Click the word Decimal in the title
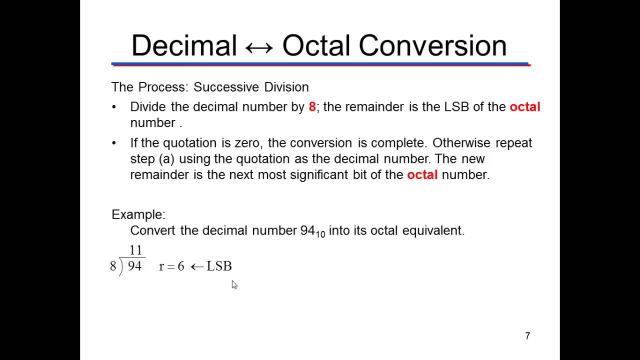183,45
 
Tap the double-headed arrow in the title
259,47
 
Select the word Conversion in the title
432,45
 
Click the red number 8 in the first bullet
312,107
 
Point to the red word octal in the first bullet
524,107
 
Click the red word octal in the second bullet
422,174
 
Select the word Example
138,214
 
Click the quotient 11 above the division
135,250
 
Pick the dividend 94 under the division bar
134,266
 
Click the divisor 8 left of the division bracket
113,266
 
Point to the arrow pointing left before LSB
197,266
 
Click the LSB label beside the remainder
219,266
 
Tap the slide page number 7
527,336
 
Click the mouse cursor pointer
234,284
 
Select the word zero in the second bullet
247,143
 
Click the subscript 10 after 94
320,234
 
